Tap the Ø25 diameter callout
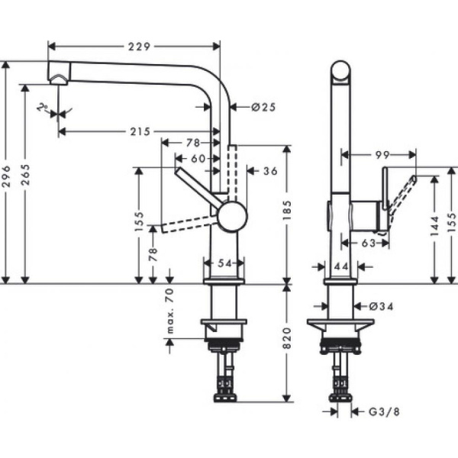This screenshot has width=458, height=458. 263,108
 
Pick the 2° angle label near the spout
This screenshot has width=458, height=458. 44,109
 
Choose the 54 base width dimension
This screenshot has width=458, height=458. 224,263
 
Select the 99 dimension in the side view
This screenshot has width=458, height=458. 383,155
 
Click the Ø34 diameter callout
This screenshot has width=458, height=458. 381,306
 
